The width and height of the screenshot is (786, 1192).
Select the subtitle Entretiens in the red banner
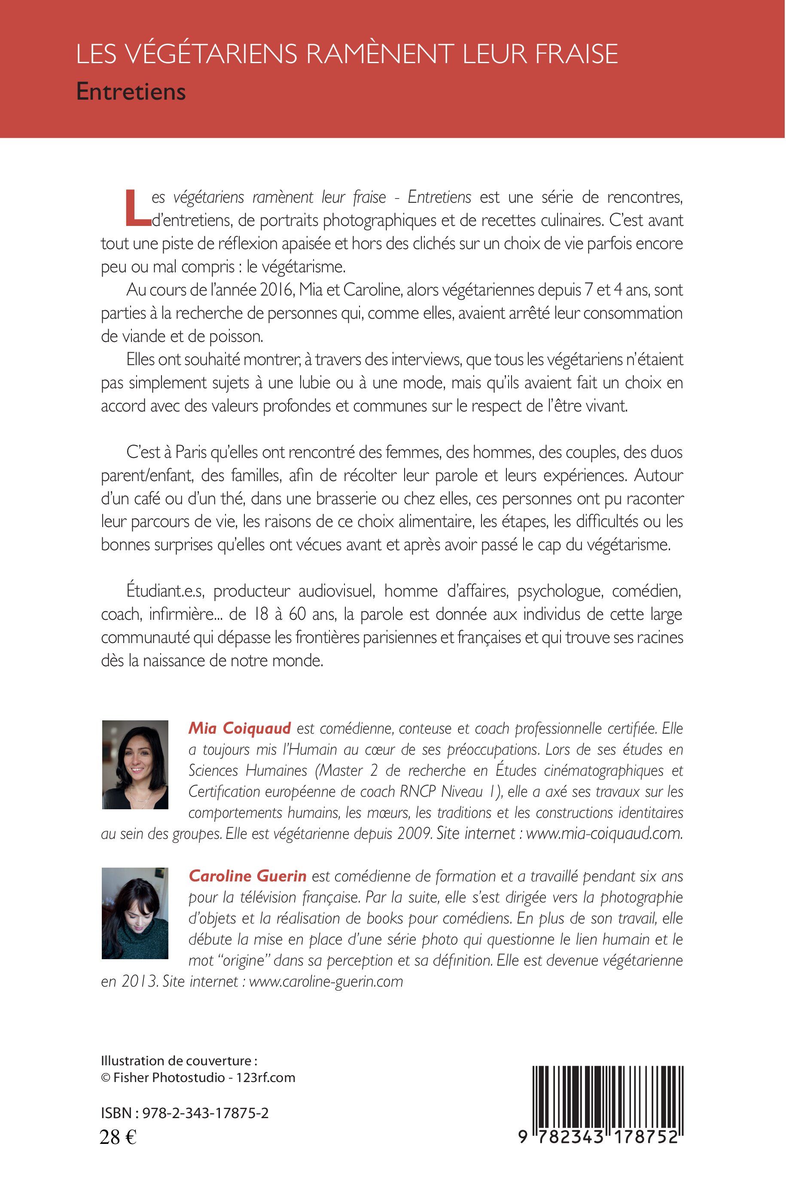click(131, 92)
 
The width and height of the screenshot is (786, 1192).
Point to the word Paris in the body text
click(191, 452)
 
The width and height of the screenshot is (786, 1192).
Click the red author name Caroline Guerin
click(248, 876)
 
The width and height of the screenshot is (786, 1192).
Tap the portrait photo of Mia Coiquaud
click(135, 765)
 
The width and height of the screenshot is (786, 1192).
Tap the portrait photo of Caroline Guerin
click(135, 913)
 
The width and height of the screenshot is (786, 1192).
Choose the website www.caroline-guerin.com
click(326, 981)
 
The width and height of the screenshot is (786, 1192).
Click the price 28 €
click(118, 1137)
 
